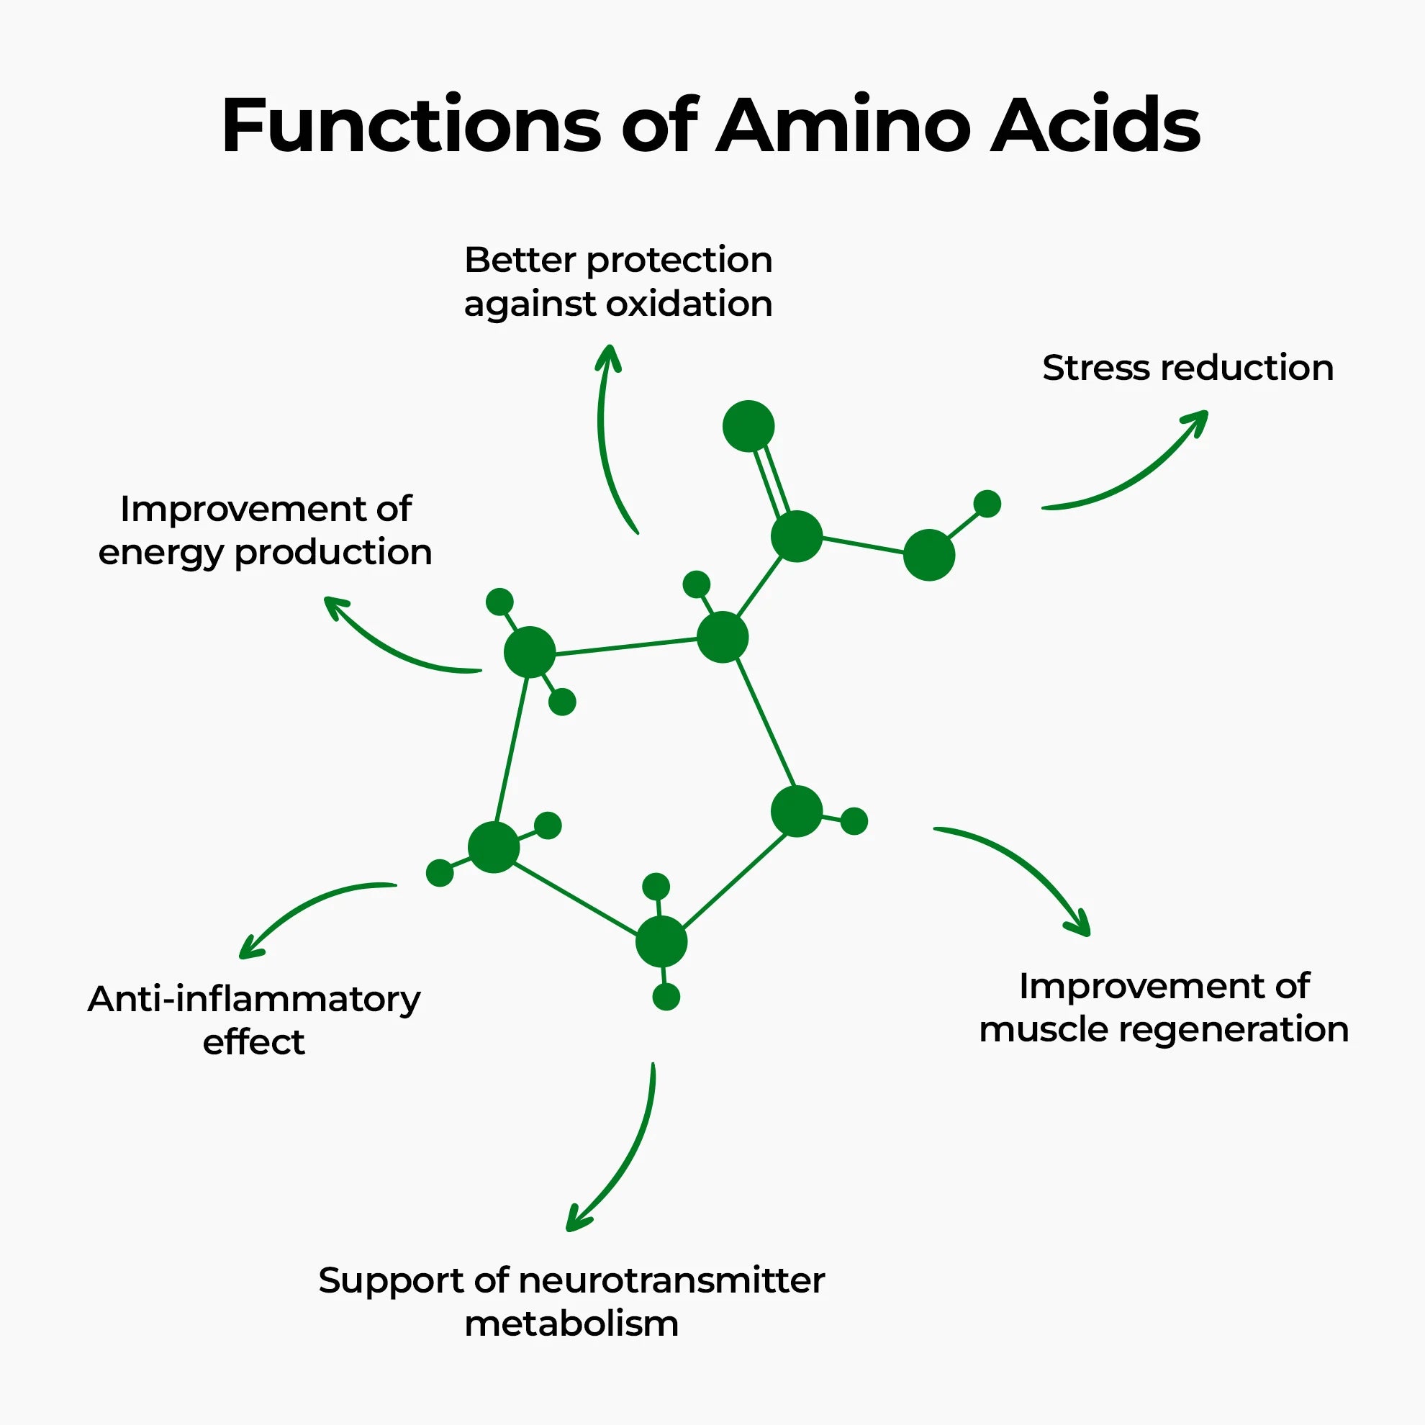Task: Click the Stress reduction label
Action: click(x=1187, y=368)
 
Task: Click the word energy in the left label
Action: click(x=160, y=553)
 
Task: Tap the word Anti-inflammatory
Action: click(x=254, y=1000)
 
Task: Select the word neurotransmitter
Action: click(x=671, y=1281)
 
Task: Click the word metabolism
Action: click(x=571, y=1324)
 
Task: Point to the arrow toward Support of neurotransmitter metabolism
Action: click(x=623, y=1158)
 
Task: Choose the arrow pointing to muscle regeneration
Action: click(x=1026, y=870)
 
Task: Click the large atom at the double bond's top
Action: click(x=748, y=426)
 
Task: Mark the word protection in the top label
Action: click(x=679, y=261)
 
